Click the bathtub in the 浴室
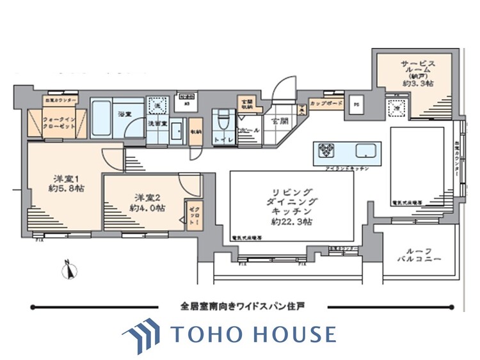[x=102, y=116]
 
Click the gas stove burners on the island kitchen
[x=326, y=152]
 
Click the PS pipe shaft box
[x=356, y=106]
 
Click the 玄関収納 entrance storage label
[x=246, y=104]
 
